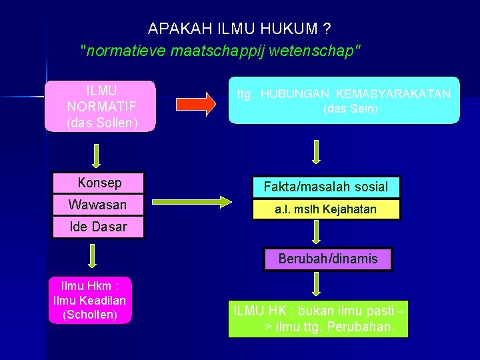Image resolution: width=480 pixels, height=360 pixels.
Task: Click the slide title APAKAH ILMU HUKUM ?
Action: (x=240, y=29)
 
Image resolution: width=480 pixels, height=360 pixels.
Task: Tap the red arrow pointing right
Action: (x=196, y=103)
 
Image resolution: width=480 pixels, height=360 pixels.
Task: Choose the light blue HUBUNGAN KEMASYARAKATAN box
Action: (x=344, y=101)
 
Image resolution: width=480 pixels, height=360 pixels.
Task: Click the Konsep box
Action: (x=99, y=183)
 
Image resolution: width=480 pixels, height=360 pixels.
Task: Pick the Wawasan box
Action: (x=99, y=205)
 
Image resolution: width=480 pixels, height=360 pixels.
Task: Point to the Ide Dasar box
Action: (x=98, y=227)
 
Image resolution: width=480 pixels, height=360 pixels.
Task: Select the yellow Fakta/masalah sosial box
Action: (x=326, y=187)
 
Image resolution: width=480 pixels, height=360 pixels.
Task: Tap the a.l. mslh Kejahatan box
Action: (x=326, y=209)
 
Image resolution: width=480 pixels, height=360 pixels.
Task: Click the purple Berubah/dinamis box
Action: (x=328, y=259)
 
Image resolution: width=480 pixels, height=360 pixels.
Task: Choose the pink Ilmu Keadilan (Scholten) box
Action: (x=90, y=300)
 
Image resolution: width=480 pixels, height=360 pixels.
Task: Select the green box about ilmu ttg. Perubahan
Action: (x=318, y=319)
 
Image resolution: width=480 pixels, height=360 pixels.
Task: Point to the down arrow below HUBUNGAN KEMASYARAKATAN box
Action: (x=317, y=151)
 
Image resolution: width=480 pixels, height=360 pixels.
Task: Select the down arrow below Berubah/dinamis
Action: (x=317, y=283)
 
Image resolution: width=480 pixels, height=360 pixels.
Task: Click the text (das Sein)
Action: (x=350, y=109)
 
